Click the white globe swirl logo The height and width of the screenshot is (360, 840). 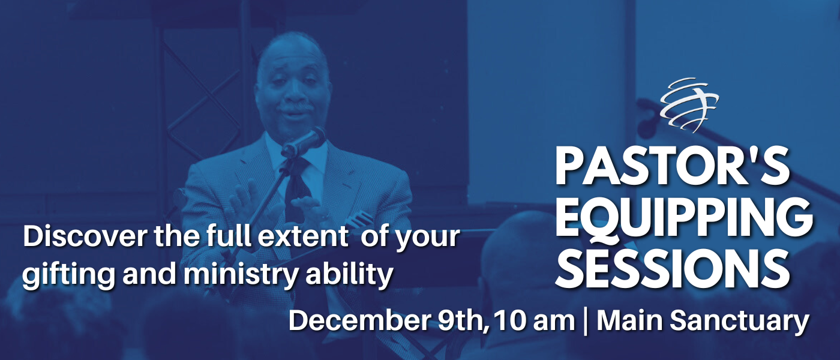tap(689, 105)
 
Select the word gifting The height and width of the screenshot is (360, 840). tap(68, 275)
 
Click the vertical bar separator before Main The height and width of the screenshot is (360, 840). tap(586, 322)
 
